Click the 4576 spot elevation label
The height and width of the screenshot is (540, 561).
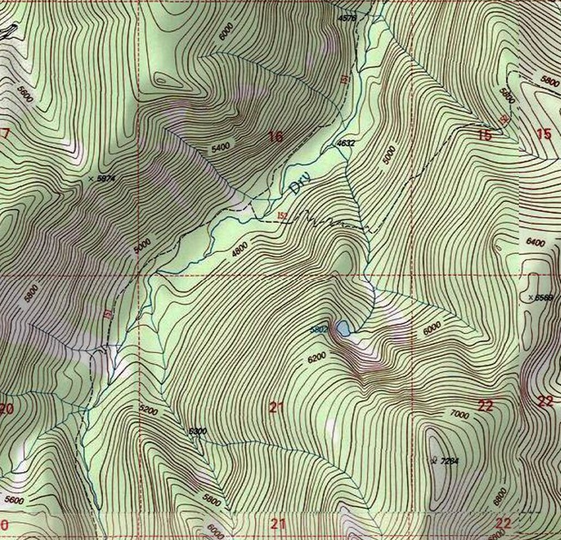(346, 18)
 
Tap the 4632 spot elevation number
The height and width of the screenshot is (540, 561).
(346, 144)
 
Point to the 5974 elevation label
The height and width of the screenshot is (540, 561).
(107, 179)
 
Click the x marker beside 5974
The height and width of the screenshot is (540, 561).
(91, 178)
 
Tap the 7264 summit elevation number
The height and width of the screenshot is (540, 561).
(450, 461)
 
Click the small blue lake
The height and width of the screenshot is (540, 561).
(343, 328)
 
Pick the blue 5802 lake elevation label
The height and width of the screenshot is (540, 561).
(318, 329)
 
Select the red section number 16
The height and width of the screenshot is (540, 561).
(276, 136)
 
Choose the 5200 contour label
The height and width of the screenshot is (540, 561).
(148, 409)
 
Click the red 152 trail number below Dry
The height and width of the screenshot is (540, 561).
(282, 216)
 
